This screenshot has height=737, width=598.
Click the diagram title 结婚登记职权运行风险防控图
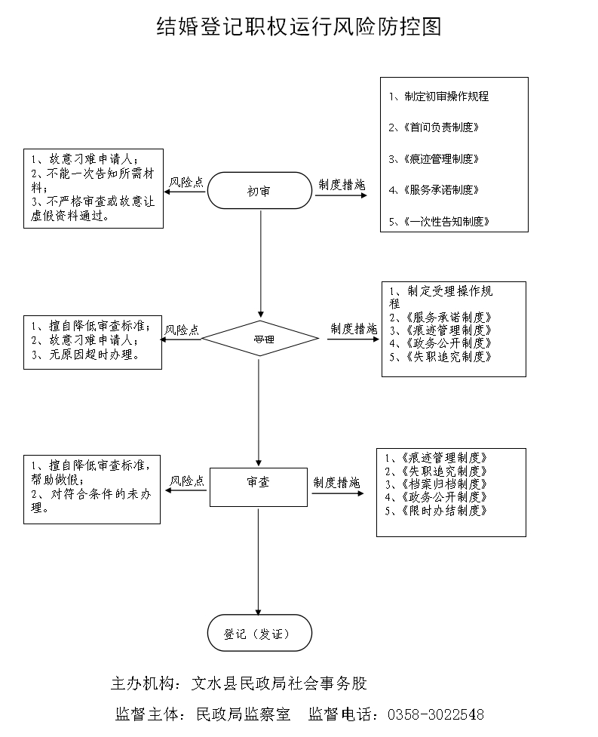(298, 27)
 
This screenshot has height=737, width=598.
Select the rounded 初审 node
(259, 191)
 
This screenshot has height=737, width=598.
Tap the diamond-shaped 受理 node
(260, 339)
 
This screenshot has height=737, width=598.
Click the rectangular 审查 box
(259, 487)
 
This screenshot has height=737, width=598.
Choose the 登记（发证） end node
(259, 633)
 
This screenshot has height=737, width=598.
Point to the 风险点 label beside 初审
(186, 182)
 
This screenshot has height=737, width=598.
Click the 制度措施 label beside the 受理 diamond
(354, 329)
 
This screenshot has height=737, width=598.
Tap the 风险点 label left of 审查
(186, 481)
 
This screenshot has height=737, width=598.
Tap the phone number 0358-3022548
(435, 714)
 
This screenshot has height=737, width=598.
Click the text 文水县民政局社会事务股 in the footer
(279, 683)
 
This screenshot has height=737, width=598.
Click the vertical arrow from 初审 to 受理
(260, 264)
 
